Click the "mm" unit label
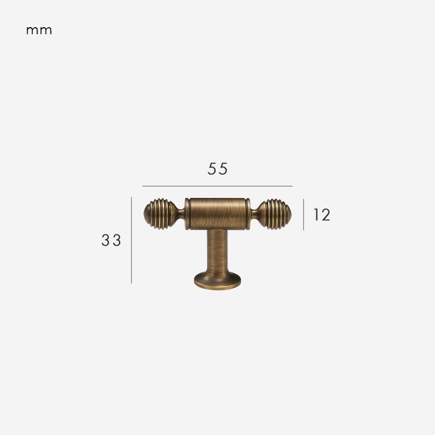(39, 30)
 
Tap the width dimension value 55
(217, 169)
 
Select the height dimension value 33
(111, 240)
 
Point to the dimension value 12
(321, 215)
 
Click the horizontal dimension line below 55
(217, 186)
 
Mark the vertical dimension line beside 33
(132, 240)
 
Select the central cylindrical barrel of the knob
(217, 213)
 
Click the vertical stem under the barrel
(217, 250)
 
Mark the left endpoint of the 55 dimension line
(143, 186)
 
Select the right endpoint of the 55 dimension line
(293, 186)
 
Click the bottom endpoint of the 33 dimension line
(132, 283)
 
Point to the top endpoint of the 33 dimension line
(132, 197)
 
